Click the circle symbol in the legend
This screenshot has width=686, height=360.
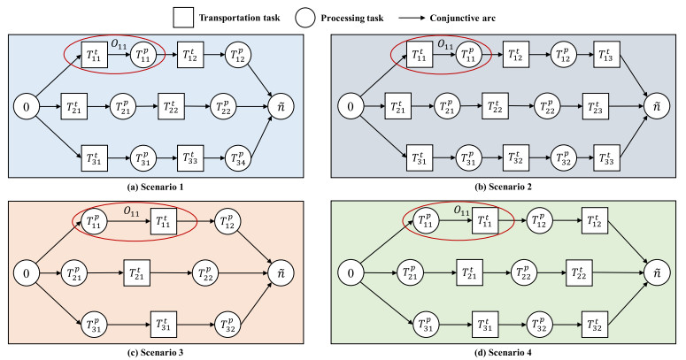click(x=350, y=16)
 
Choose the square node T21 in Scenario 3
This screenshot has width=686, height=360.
click(x=138, y=272)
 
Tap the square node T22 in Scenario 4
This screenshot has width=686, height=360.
click(x=580, y=272)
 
